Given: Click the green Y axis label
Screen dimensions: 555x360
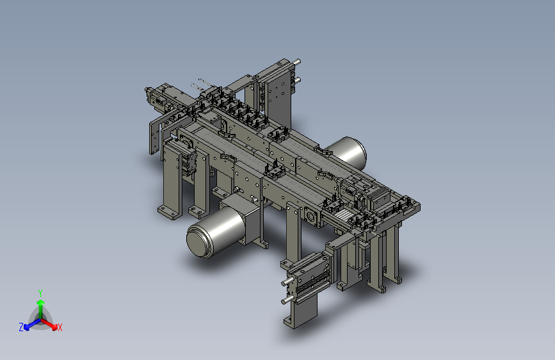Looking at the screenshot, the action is click(40, 293).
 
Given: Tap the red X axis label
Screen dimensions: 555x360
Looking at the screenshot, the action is click(60, 327).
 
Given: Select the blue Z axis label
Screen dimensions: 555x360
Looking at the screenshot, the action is click(21, 327).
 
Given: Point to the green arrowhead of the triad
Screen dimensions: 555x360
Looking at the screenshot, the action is click(41, 302).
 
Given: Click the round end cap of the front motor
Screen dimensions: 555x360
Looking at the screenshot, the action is click(199, 241).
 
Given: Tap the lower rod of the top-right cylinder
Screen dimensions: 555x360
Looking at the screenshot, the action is click(296, 81).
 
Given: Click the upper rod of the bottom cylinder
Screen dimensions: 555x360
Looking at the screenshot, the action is click(287, 282).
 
